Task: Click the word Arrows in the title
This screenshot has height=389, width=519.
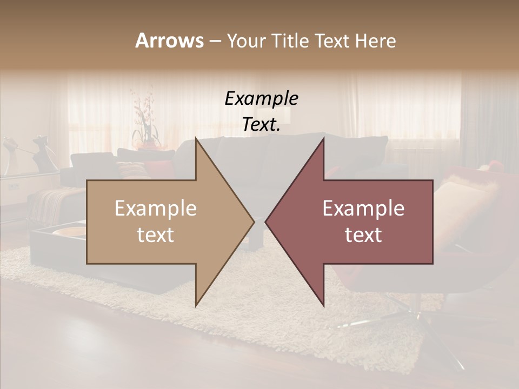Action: click(169, 41)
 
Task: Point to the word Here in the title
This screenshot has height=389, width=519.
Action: click(376, 41)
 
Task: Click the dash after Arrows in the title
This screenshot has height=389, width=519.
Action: click(215, 42)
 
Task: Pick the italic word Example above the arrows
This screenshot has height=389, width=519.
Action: click(261, 99)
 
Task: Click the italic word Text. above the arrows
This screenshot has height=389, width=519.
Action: click(261, 125)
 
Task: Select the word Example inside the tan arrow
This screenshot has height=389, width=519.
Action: click(156, 209)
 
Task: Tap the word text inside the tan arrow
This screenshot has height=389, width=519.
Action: click(156, 235)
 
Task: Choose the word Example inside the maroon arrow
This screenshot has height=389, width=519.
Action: click(363, 209)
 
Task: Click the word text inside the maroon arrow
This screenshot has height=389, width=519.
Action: click(363, 235)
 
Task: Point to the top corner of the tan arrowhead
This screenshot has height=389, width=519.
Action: click(196, 139)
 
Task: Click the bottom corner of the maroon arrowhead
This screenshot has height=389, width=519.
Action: click(324, 306)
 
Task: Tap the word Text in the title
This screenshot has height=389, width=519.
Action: click(333, 41)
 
